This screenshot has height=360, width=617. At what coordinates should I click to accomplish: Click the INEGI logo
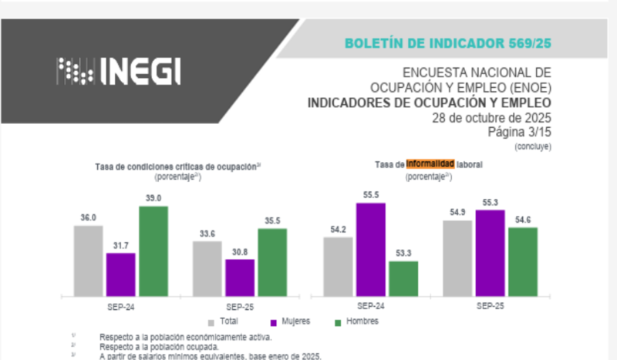pyautogui.click(x=119, y=71)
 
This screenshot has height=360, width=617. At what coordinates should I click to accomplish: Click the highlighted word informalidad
pyautogui.click(x=430, y=164)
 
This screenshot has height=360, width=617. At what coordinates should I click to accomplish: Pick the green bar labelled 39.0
pyautogui.click(x=153, y=251)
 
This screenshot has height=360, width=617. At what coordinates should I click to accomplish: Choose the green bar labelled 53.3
pyautogui.click(x=403, y=278)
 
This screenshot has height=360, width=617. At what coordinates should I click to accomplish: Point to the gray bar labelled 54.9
pyautogui.click(x=458, y=257)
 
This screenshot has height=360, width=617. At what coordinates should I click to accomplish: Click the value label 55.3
pyautogui.click(x=490, y=202)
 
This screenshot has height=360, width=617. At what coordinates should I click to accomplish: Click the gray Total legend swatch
pyautogui.click(x=212, y=321)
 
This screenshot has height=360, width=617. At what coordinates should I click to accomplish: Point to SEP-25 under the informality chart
pyautogui.click(x=490, y=306)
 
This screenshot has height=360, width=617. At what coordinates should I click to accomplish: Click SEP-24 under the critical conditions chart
pyautogui.click(x=121, y=306)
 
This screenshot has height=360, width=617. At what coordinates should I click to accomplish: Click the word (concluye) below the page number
pyautogui.click(x=534, y=145)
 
